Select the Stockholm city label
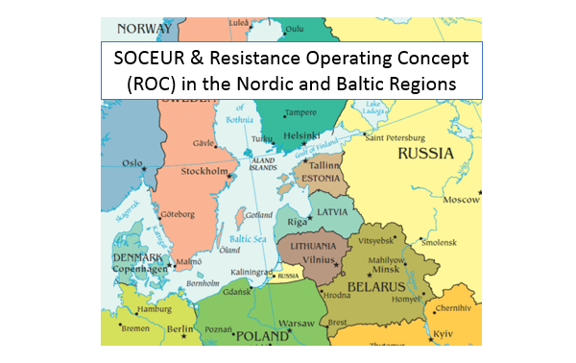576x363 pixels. coord(203,173)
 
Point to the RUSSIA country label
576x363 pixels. coord(427,153)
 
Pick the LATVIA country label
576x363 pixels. coord(335,210)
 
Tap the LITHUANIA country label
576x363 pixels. coord(307,245)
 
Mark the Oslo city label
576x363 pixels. coord(132,163)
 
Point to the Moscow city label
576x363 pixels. coord(461,200)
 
